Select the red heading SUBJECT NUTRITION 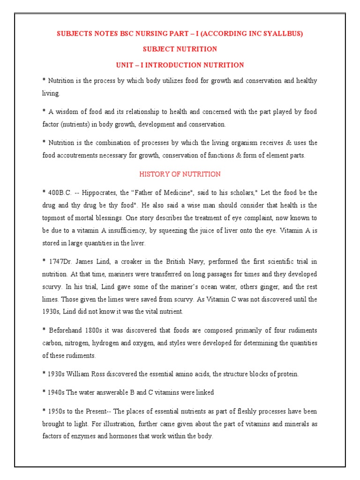point(180,49)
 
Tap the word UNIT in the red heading point(125,65)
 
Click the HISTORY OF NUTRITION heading point(180,174)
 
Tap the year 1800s point(99,330)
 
